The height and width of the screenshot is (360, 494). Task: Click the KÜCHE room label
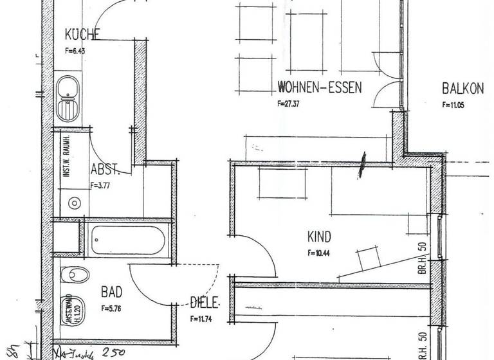[x=81, y=35]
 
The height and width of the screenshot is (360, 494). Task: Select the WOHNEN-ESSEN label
[x=320, y=87]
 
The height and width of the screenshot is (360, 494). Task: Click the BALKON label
[x=463, y=89]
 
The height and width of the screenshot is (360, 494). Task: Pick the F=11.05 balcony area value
[x=453, y=105]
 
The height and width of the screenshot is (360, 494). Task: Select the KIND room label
[x=319, y=236]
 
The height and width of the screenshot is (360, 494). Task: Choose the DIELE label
[x=205, y=301]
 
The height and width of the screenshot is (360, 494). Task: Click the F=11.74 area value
[x=201, y=318]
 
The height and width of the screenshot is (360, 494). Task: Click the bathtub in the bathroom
[x=127, y=243]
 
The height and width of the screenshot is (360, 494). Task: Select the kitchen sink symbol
[x=66, y=98]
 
